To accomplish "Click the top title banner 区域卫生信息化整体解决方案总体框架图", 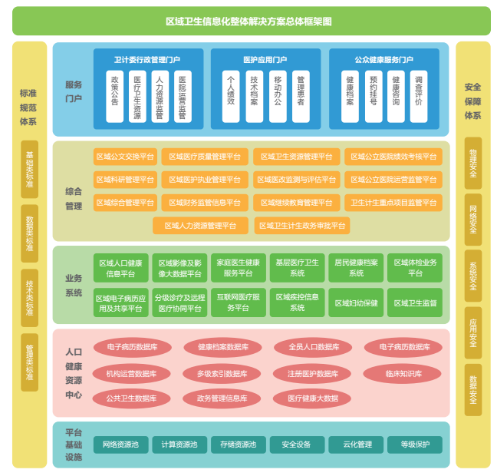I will pyautogui.click(x=251, y=21).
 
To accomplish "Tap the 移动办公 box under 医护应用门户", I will pyautogui.click(x=278, y=97).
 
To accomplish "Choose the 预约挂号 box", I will pyautogui.click(x=374, y=97).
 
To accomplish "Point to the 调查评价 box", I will pyautogui.click(x=418, y=97).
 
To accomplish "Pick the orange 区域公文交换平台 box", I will pyautogui.click(x=125, y=157).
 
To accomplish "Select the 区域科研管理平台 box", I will pyautogui.click(x=125, y=180).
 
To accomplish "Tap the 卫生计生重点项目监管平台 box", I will pyautogui.click(x=393, y=203).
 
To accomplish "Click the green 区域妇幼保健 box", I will pyautogui.click(x=356, y=302).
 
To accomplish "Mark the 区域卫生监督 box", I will pyautogui.click(x=415, y=302).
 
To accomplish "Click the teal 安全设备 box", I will pyautogui.click(x=296, y=445).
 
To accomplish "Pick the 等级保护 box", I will pyautogui.click(x=415, y=445).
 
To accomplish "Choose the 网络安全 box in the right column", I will pyautogui.click(x=473, y=218).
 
